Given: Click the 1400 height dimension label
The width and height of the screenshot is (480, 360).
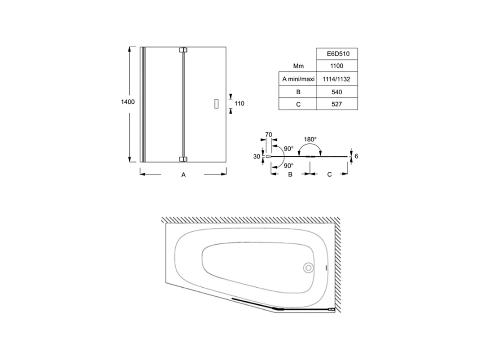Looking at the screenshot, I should (127, 102).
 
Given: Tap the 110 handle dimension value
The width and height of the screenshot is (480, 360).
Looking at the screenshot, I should (239, 104).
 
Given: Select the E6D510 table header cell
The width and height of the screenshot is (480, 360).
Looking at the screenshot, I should (337, 53).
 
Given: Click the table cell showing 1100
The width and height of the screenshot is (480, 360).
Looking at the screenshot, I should (337, 66).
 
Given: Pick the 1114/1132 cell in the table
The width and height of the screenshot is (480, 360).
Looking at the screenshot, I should (337, 79).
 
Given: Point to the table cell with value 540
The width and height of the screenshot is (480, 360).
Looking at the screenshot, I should (337, 92).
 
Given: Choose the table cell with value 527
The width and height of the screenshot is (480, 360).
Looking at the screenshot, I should (337, 105).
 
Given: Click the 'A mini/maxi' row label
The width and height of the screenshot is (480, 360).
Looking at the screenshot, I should (297, 79).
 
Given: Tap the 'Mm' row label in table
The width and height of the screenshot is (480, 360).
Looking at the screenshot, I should (298, 66).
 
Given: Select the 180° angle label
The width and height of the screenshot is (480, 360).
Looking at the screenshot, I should (310, 139).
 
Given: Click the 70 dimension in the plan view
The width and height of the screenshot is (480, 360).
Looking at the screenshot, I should (269, 134).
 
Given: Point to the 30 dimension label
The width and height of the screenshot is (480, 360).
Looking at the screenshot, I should (257, 157).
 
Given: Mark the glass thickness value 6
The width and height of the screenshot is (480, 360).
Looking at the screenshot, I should (356, 156).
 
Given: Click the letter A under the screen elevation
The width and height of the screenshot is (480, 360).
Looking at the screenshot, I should (183, 175).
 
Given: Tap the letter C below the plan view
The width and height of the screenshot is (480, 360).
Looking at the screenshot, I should (329, 175).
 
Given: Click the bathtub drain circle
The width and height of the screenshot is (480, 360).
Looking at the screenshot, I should (308, 268).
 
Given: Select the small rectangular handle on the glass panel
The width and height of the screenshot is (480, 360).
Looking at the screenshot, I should (215, 104).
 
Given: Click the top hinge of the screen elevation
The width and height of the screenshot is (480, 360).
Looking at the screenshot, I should (183, 50).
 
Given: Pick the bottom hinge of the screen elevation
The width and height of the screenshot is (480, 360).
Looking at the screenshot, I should (183, 159).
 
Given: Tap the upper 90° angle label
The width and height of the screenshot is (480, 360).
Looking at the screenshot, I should (288, 148).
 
